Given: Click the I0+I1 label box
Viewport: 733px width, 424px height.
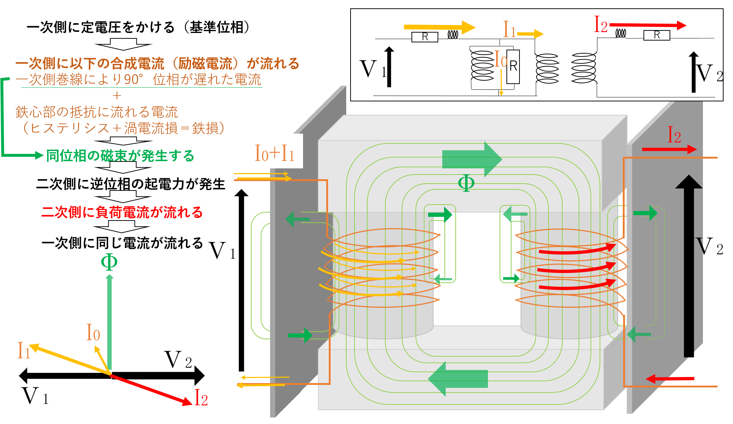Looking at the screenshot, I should pos(276,151).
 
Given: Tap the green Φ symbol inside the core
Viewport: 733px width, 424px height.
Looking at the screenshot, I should pos(466,182).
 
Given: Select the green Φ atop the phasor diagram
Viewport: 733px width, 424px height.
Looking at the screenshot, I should pos(109,262).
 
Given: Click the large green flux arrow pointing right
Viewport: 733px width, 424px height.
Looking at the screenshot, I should pos(472,159).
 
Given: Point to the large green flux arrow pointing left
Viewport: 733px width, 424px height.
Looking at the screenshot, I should pos(458,379).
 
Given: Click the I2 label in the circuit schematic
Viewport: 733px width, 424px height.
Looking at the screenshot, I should pos(600,25).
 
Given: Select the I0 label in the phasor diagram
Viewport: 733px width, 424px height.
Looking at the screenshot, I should pos(93,332).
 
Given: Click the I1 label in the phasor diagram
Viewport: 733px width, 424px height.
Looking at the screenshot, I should pos(24,350).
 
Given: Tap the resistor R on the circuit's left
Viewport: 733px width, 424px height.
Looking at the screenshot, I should pos(425,37).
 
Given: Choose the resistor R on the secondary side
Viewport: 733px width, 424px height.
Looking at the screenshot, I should pos(657,35).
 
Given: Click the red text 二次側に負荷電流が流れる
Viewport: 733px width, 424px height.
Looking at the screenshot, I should pos(122,212).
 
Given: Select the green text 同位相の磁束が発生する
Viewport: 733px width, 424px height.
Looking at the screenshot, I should pos(120,156).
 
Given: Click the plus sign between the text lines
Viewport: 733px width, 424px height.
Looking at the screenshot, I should pos(117,96).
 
